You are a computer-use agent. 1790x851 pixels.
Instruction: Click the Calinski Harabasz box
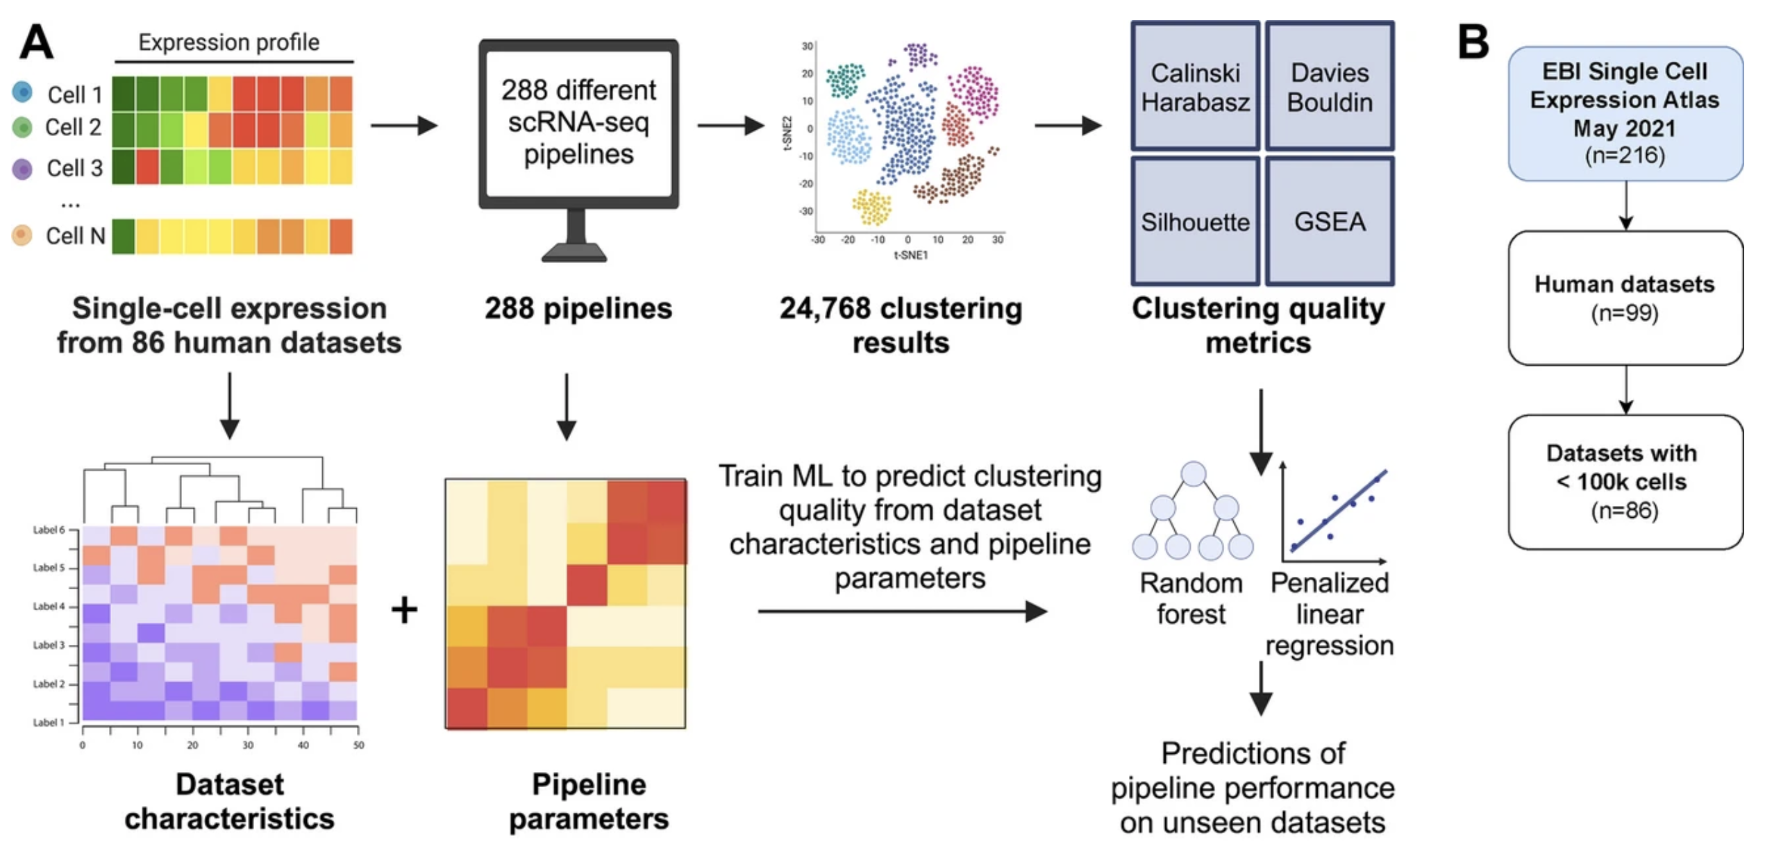coord(1194,87)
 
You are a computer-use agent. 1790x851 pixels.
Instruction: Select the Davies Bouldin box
coord(1329,87)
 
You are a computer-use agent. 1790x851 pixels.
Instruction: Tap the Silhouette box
coord(1194,221)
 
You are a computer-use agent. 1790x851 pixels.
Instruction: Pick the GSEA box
coord(1329,221)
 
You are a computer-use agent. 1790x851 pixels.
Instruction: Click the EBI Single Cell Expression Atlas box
coord(1625,113)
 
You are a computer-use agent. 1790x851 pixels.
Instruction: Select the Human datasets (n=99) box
coord(1625,298)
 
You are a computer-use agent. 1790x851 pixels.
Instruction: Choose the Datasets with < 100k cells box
coord(1625,482)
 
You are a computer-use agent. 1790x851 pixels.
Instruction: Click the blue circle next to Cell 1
coord(22,92)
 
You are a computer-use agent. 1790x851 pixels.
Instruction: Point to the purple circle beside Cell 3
coord(22,169)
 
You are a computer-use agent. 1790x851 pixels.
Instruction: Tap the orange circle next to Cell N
coord(22,235)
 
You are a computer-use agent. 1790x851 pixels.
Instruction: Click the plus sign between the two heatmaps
coord(404,610)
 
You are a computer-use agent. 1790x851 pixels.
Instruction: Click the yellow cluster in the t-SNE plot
coord(872,207)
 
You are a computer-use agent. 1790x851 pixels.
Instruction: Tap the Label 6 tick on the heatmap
coord(50,530)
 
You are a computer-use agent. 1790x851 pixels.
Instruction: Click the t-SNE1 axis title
coord(910,255)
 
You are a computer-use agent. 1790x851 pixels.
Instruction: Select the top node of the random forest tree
coord(1193,474)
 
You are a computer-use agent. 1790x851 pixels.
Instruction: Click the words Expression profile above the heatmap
coord(228,42)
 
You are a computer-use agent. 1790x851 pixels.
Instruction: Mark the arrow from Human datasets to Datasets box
coord(1625,389)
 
